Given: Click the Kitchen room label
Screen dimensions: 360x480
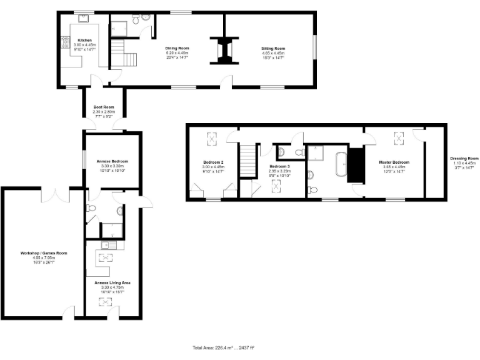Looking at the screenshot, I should coord(85,40).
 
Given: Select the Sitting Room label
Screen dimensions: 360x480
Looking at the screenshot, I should coord(273,48).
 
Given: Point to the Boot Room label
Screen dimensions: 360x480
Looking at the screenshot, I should coord(104,106).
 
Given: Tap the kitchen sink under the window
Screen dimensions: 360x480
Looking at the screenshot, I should coord(84,19).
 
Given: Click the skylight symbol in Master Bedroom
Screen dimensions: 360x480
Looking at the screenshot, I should coord(397,138).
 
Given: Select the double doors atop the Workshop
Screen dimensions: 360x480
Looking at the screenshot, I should coord(52,194).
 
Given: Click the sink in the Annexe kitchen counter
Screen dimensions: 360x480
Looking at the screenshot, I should coord(104,244).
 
